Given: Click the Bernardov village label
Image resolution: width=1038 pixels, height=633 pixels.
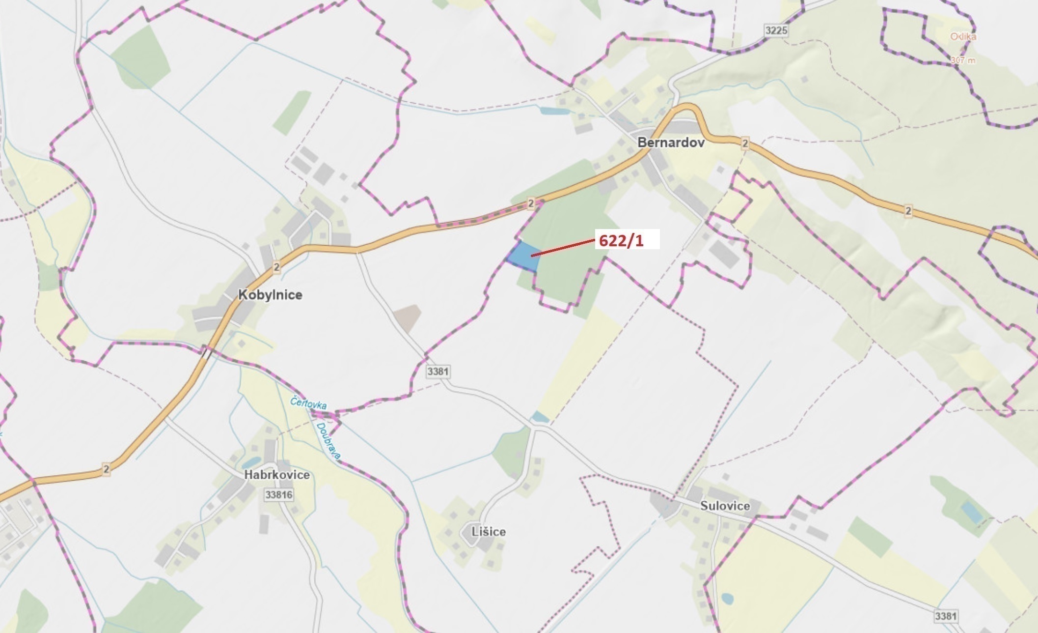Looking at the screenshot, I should (671, 143).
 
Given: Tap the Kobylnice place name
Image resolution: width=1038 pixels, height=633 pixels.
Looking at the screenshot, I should (270, 295).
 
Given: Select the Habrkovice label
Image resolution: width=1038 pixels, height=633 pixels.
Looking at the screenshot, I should (277, 475).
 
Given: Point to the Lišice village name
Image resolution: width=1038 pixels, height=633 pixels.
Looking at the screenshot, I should (488, 532).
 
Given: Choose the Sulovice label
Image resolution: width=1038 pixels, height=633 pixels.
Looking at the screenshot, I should (725, 506).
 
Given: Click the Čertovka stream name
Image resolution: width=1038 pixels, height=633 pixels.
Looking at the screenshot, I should (308, 403).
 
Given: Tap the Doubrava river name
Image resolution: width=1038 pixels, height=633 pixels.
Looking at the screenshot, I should (328, 441).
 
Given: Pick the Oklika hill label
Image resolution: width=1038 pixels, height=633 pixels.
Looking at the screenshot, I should (963, 37).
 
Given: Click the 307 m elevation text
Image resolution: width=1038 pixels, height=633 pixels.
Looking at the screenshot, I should (962, 61).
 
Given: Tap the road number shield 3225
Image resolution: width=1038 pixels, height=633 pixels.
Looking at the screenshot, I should (776, 30).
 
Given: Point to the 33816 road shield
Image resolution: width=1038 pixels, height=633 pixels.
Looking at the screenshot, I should (278, 494).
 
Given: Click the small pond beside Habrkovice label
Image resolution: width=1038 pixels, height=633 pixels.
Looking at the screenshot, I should (250, 462).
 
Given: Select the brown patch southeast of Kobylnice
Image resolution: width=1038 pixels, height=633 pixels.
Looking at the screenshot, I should (407, 317).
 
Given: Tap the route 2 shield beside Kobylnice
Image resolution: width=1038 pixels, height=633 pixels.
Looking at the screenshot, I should (277, 267).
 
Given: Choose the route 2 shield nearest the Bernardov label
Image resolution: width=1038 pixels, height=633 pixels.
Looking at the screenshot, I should (745, 143).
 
